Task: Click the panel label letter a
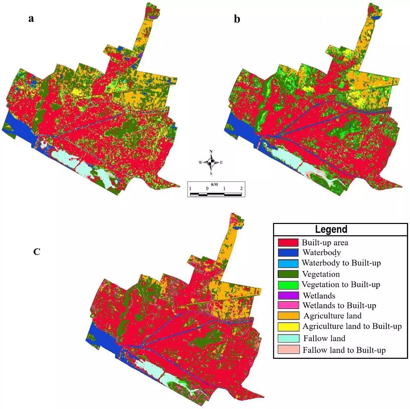pos(31,18)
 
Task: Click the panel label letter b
pos(237,19)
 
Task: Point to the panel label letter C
pos(37,252)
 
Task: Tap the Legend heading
pos(331,229)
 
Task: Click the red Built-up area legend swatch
pos(288,243)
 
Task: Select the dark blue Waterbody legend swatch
pos(288,253)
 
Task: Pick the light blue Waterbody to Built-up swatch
pos(288,263)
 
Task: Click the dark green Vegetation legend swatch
pos(288,274)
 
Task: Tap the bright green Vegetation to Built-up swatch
pos(288,284)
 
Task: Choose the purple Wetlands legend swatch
pos(288,295)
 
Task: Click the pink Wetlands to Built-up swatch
pos(288,305)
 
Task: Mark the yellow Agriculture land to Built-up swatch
pos(288,326)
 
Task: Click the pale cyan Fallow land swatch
pos(288,338)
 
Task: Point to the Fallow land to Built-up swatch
pos(288,350)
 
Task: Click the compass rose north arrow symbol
pos(211,162)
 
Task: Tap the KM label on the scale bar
pos(214,184)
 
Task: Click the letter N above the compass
pos(211,152)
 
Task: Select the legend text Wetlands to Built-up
pos(339,305)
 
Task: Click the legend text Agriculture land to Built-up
pos(352,326)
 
